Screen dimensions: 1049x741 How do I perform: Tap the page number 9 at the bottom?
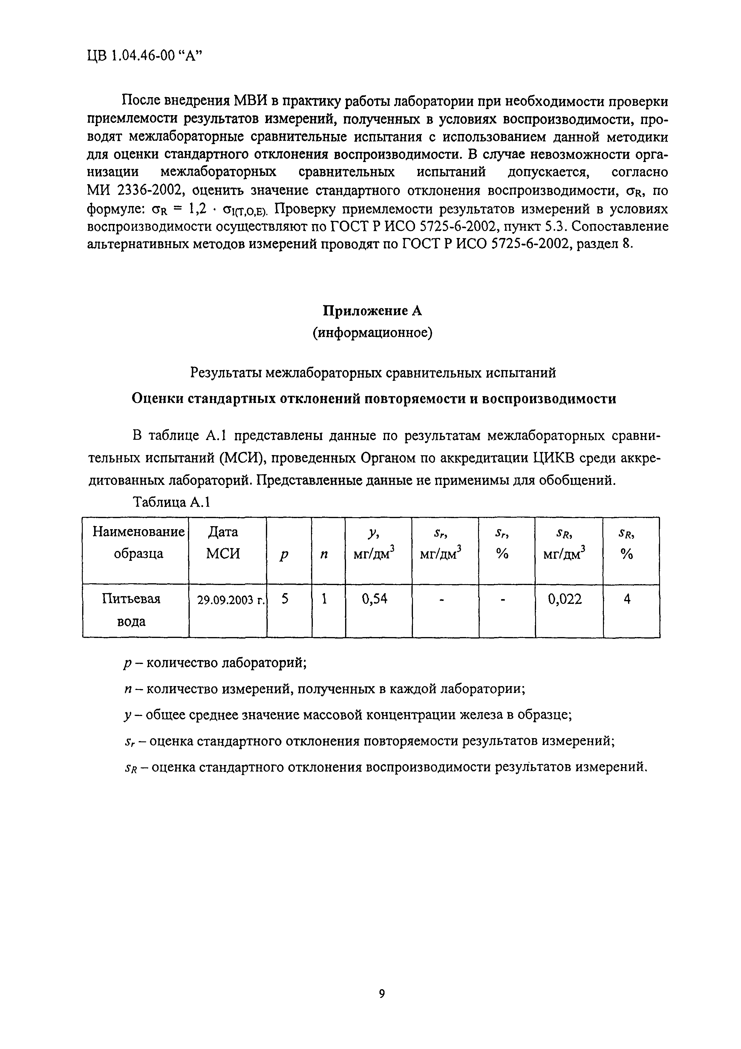[x=382, y=994]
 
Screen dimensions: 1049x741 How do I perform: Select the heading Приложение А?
[x=372, y=311]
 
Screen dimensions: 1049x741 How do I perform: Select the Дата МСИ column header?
[x=223, y=542]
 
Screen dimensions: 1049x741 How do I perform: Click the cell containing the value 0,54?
[x=374, y=598]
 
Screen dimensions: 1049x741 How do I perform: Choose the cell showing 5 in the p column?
[x=285, y=598]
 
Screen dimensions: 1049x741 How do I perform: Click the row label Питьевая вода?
[x=131, y=610]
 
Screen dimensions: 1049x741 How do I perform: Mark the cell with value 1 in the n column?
[x=324, y=598]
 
